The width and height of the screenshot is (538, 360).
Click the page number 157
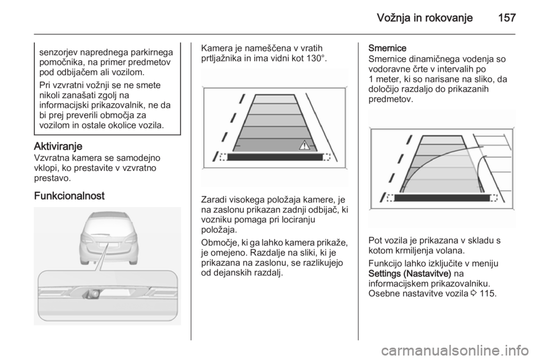[505, 17]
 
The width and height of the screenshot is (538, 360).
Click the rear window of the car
[108, 224]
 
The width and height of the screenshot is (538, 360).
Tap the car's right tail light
[132, 237]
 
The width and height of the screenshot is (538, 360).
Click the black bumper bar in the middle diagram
[275, 158]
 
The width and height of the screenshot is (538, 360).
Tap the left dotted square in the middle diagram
[223, 158]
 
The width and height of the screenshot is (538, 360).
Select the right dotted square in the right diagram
[493, 197]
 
